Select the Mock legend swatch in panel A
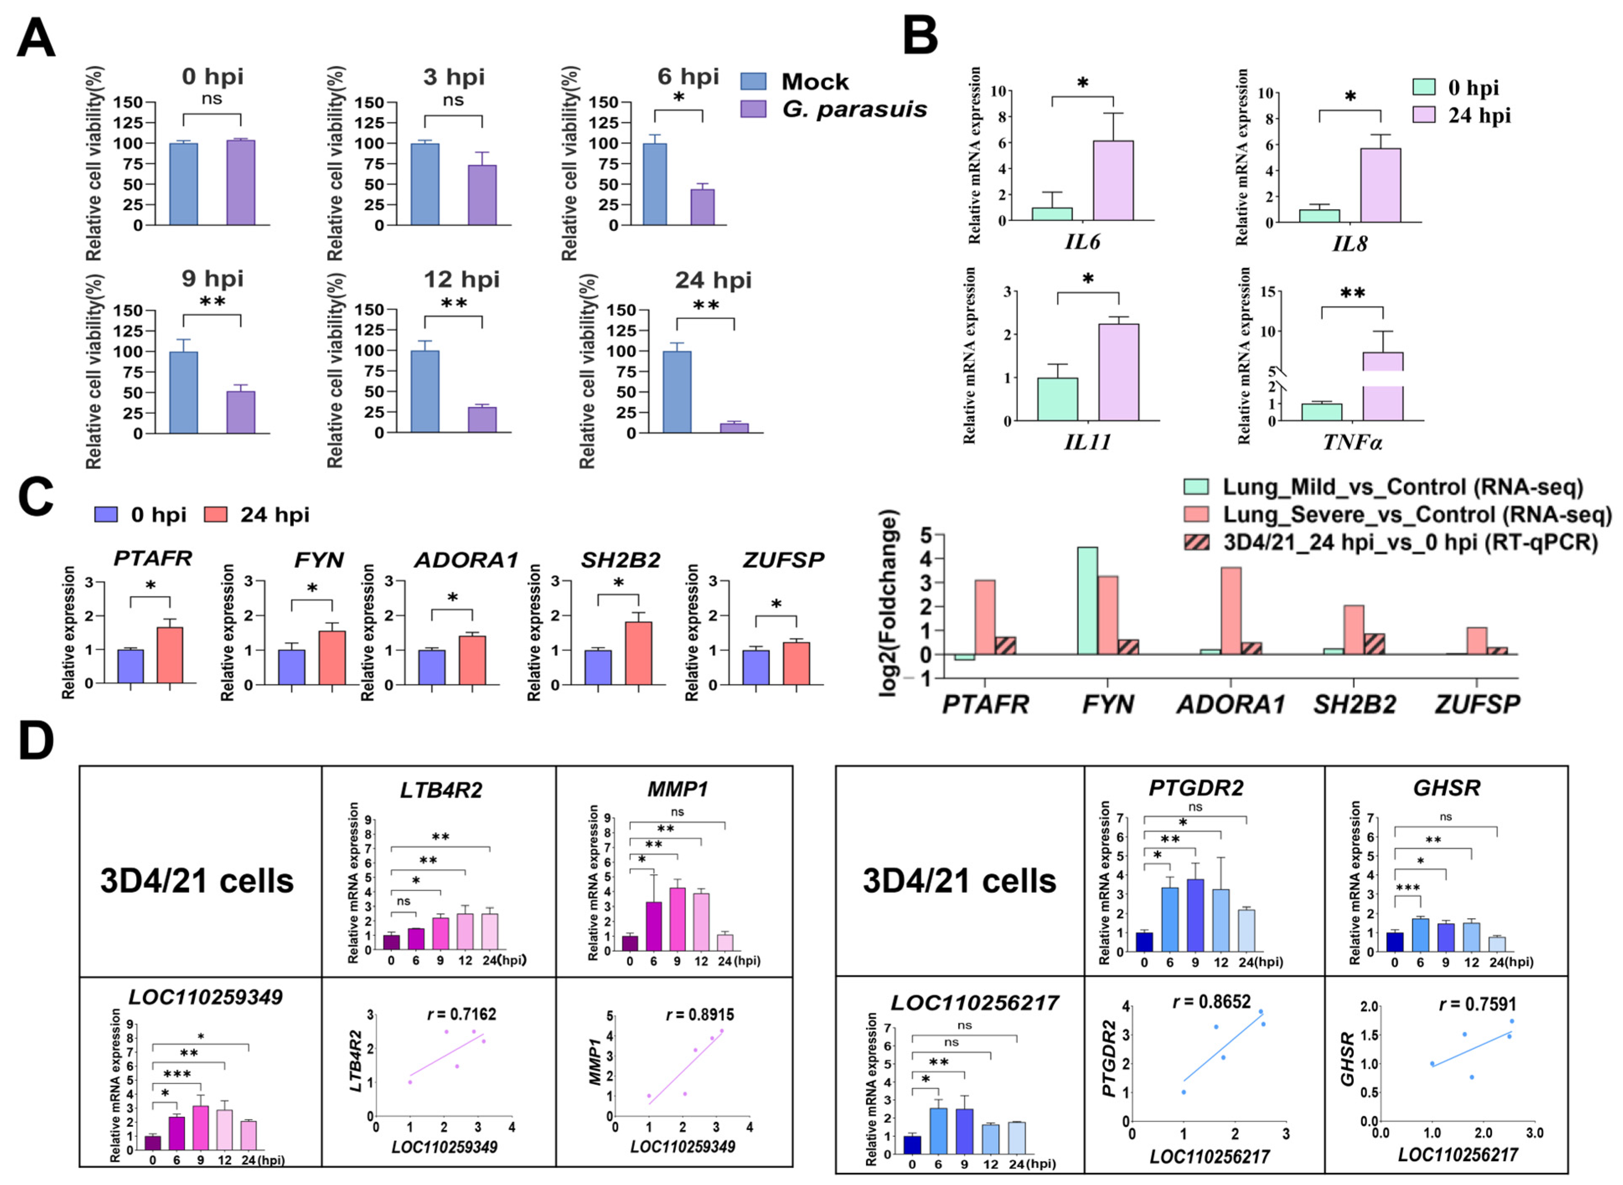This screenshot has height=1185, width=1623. pos(753,81)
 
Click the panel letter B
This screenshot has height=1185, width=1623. pos(921,36)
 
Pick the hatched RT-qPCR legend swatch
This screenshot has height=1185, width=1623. pos(1196,541)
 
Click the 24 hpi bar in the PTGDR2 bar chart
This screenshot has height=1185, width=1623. pos(1247,930)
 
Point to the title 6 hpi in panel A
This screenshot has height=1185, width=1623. pos(688,76)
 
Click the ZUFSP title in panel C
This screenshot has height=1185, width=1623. pos(783,559)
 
